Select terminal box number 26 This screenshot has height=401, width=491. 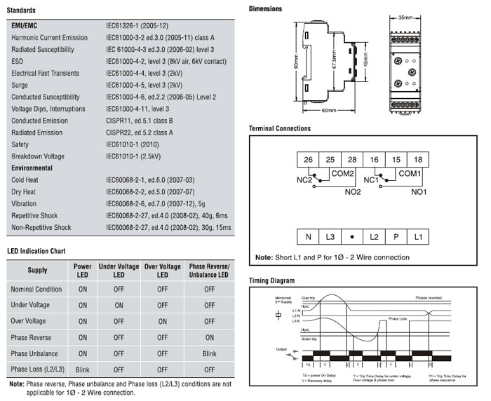(x=307, y=160)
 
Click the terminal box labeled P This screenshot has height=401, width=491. (x=396, y=238)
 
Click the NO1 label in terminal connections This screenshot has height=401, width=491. (x=419, y=191)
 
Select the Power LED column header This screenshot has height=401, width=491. (x=83, y=271)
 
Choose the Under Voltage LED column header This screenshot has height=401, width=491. (x=119, y=271)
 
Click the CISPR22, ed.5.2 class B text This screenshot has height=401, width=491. (x=140, y=132)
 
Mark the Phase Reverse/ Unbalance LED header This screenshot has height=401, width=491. (x=209, y=271)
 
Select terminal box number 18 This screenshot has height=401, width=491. (x=418, y=160)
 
